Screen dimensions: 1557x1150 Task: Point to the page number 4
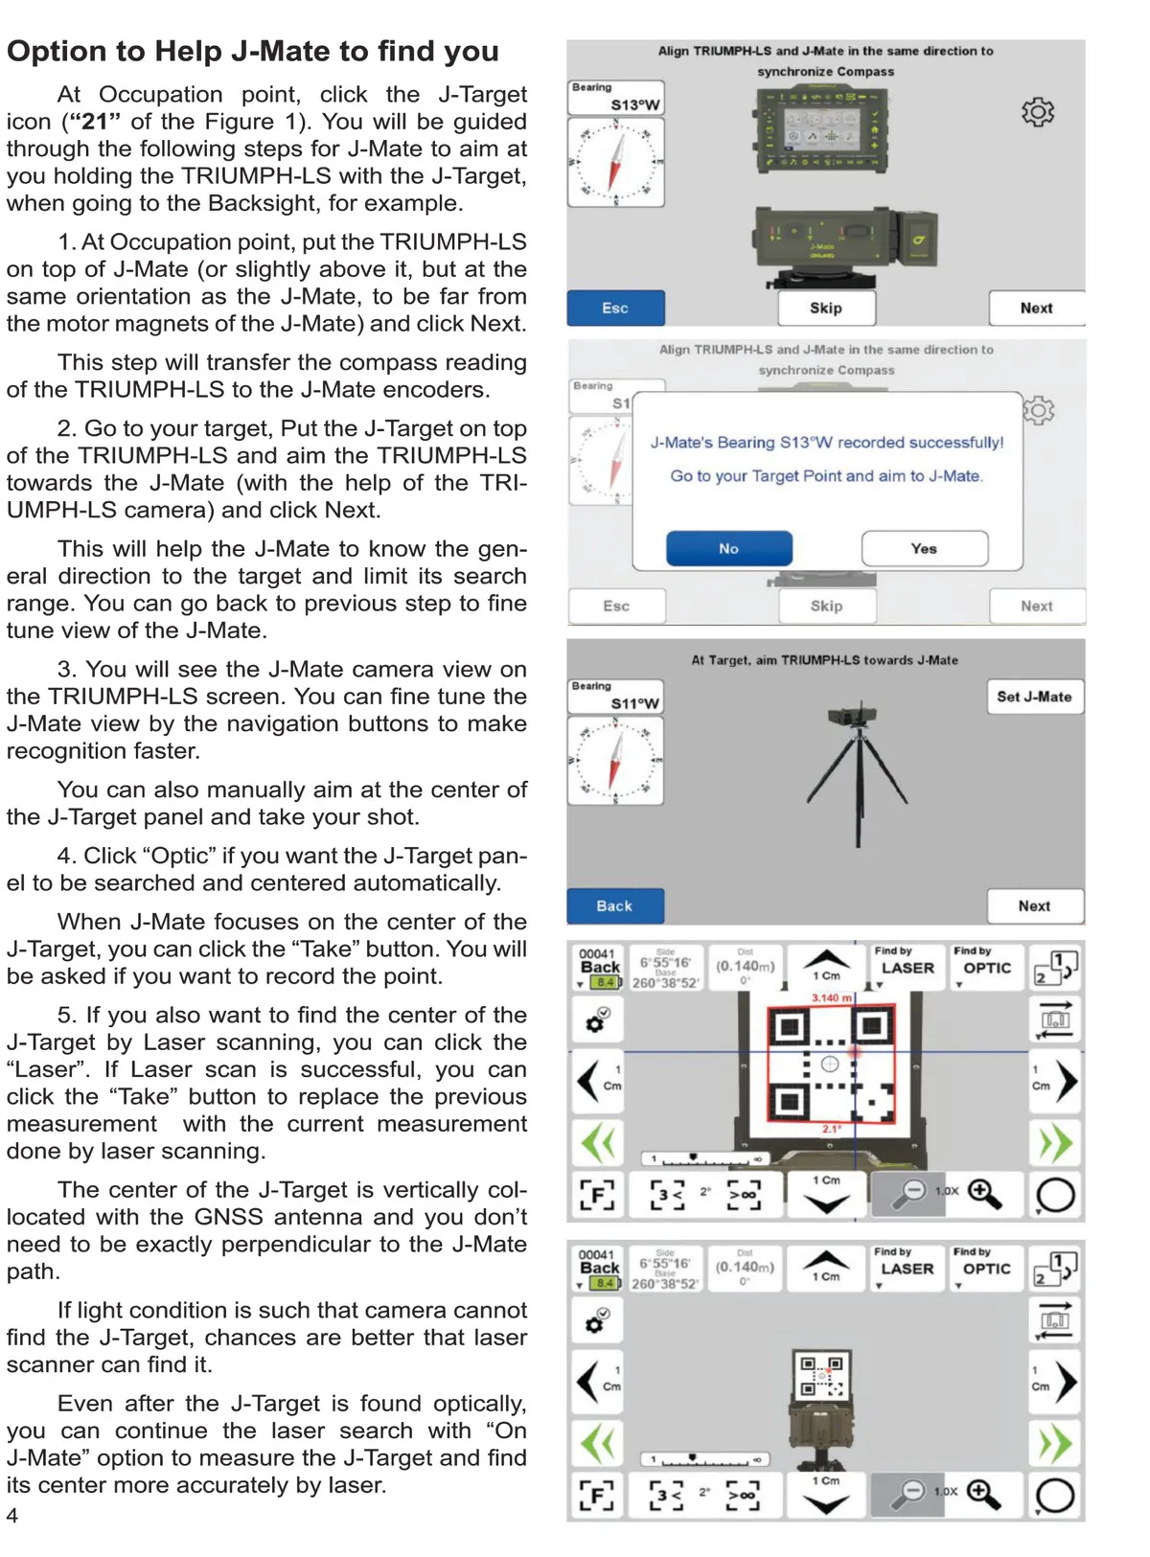[12, 1515]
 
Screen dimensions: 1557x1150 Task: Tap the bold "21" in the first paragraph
[95, 122]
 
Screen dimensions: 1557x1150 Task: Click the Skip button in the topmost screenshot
[825, 309]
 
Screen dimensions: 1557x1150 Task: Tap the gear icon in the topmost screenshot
[1037, 112]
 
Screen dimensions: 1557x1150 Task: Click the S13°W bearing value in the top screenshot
[634, 105]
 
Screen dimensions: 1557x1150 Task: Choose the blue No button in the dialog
[728, 548]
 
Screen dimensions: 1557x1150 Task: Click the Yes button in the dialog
[924, 548]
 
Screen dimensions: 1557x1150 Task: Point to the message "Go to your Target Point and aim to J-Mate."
[826, 476]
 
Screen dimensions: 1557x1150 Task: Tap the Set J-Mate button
[1034, 697]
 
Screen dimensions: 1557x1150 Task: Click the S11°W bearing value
[634, 703]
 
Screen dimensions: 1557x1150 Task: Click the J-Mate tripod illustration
[855, 767]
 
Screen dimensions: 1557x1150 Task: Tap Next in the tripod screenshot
[1034, 905]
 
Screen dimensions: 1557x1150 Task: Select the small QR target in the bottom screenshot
[821, 1375]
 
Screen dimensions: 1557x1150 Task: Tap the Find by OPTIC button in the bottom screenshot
[986, 1266]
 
